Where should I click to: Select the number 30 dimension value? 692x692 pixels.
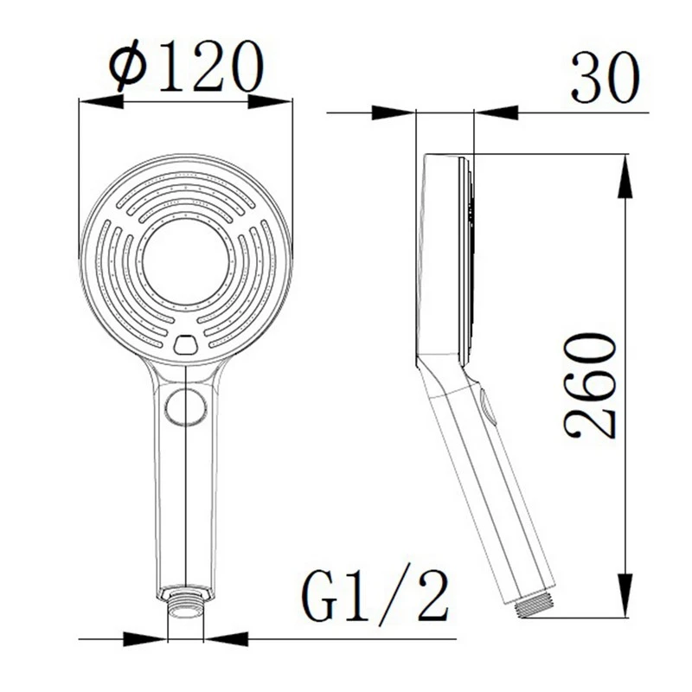point(605,79)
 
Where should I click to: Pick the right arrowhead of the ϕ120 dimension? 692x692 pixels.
point(271,102)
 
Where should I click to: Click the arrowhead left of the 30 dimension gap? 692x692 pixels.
point(393,112)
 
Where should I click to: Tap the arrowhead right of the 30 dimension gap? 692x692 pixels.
point(497,112)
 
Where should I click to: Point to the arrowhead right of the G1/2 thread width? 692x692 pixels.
point(224,639)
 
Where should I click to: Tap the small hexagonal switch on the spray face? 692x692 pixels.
point(186,345)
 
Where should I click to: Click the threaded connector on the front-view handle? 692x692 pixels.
point(185,603)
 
